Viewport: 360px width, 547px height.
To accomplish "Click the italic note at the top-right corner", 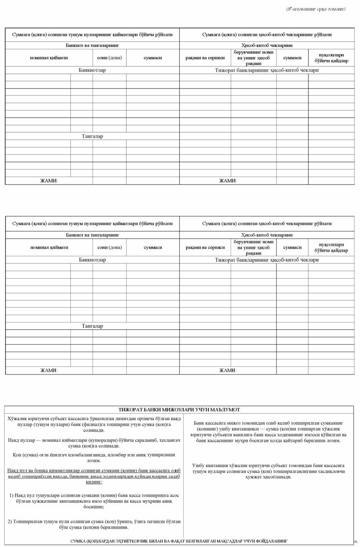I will [315, 9].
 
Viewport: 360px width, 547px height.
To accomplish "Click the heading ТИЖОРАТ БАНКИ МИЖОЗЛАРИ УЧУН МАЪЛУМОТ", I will [179, 410].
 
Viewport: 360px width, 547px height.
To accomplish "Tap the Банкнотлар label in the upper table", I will [92, 70].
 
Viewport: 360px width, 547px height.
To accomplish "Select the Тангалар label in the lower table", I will [92, 326].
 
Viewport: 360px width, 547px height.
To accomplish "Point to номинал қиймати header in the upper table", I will [49, 58].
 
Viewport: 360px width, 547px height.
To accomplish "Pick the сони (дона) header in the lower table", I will [109, 247].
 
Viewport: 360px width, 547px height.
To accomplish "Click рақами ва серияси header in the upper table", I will [205, 58].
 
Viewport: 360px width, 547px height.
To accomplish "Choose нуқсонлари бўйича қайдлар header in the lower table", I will [331, 247].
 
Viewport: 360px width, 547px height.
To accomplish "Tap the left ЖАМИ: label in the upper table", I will [49, 181].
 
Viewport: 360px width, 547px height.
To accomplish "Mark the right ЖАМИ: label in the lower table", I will [228, 371].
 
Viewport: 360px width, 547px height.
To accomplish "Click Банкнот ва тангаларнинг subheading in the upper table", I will [92, 46].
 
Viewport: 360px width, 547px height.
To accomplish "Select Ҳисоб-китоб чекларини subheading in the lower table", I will [267, 235].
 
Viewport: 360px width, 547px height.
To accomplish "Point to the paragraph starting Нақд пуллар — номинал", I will [94, 443].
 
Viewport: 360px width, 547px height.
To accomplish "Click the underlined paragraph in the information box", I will [94, 476].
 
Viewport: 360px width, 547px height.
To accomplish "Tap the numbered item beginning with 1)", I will [94, 501].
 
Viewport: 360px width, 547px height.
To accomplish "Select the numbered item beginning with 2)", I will [94, 524].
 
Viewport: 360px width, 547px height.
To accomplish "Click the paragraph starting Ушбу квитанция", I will [268, 471].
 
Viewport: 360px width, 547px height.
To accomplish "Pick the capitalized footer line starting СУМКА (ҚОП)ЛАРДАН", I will [179, 541].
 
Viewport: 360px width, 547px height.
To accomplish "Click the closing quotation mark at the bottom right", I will [355, 541].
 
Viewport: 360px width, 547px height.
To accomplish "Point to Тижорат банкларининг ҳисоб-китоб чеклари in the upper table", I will [267, 70].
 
